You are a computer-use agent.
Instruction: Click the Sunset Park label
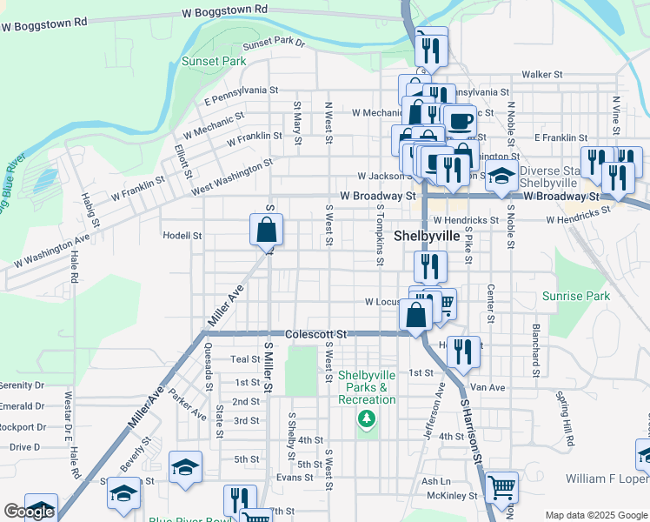pyautogui.click(x=214, y=61)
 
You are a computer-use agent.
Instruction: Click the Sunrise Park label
pyautogui.click(x=576, y=297)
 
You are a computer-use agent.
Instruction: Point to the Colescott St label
pyautogui.click(x=315, y=333)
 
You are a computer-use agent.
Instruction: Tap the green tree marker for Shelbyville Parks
pyautogui.click(x=368, y=419)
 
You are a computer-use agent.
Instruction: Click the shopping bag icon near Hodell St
pyautogui.click(x=267, y=231)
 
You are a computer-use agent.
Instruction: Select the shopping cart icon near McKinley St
pyautogui.click(x=501, y=488)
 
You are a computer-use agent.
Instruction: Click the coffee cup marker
pyautogui.click(x=460, y=121)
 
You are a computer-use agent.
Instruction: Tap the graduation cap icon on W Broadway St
pyautogui.click(x=501, y=177)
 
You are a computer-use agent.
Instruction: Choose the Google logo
pyautogui.click(x=29, y=512)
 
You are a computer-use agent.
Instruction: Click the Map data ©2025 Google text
pyautogui.click(x=596, y=515)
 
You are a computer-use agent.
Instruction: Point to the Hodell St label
pyautogui.click(x=182, y=236)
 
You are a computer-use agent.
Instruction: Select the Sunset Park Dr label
pyautogui.click(x=275, y=43)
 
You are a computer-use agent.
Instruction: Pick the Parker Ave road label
pyautogui.click(x=188, y=398)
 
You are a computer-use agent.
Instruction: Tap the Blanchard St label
pyautogui.click(x=536, y=351)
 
